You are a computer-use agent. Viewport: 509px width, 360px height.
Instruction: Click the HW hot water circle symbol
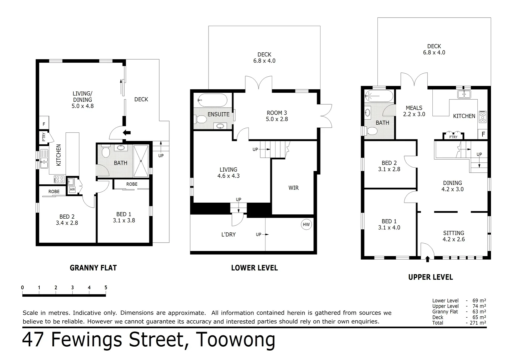306,224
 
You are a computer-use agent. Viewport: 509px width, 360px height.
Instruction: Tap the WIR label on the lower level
293,188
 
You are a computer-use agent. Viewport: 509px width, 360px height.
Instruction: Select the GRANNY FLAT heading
93,268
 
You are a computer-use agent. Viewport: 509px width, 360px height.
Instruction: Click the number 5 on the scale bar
106,288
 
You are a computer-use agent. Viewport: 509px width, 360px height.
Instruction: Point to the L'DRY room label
228,234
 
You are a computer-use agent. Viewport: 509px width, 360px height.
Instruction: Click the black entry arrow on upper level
428,259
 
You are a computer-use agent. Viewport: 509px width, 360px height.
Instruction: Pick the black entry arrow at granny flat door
127,132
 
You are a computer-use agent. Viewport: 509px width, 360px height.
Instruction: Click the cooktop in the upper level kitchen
482,116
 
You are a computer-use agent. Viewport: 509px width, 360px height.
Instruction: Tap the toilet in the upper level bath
370,131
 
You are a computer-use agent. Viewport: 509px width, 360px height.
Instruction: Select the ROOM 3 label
276,113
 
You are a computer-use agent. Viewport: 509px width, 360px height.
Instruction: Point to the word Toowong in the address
236,340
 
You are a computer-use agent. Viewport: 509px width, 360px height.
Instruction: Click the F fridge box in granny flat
44,124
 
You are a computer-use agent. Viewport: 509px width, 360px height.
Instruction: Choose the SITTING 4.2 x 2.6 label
453,236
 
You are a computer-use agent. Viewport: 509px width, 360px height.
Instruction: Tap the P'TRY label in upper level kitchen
453,137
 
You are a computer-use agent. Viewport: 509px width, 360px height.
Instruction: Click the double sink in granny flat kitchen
44,159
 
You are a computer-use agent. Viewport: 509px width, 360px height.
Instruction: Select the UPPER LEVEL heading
430,277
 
